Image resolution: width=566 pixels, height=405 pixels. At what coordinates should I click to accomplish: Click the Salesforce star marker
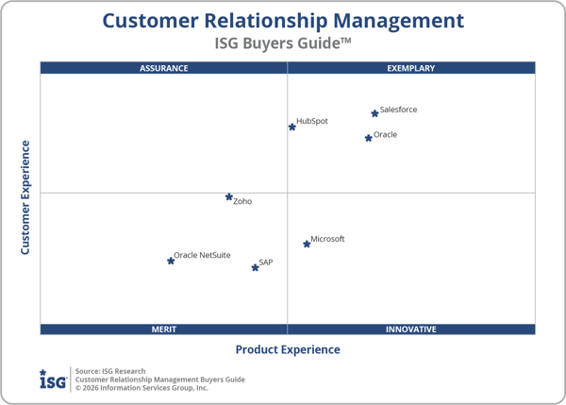point(375,113)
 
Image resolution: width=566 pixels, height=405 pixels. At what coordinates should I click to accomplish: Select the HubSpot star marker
point(292,127)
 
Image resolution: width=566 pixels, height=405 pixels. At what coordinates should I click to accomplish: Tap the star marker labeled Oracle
point(369,138)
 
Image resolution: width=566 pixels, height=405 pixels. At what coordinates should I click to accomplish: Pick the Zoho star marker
point(229,197)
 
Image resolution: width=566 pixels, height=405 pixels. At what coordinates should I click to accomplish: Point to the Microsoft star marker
point(307,244)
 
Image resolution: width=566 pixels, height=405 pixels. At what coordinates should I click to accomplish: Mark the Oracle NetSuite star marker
point(171,261)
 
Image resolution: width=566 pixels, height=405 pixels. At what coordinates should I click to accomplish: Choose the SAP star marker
point(255,267)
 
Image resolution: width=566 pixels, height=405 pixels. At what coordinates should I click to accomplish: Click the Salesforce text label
point(398,110)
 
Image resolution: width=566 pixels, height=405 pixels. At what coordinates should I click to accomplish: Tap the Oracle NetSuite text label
point(202,256)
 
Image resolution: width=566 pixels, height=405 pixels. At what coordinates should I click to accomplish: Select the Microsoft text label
point(327,239)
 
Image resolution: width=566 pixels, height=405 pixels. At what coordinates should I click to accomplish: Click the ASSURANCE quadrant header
point(164,68)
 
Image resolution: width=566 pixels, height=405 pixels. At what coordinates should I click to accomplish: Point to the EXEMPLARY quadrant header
point(411,68)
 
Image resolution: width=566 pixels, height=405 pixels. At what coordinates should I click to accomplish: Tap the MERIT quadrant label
point(164,329)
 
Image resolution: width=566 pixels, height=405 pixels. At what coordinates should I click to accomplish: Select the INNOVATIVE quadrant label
point(411,329)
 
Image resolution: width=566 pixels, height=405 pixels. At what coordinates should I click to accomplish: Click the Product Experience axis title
point(288,349)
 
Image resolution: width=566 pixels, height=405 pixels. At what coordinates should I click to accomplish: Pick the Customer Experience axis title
point(25,197)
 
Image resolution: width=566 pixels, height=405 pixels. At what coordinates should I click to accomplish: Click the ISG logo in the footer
point(52,380)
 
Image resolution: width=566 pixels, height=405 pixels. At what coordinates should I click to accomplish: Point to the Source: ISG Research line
point(110,371)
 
